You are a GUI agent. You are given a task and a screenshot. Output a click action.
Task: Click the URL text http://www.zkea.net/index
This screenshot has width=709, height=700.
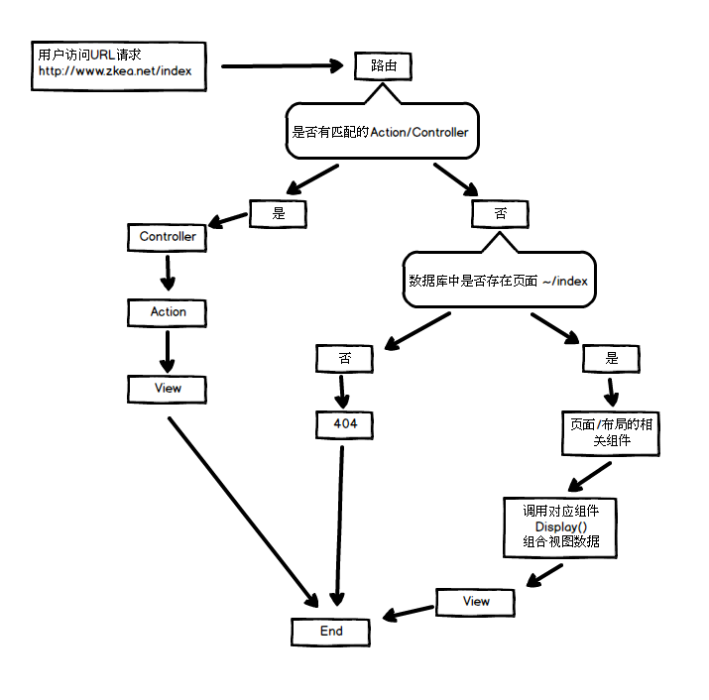[115, 71]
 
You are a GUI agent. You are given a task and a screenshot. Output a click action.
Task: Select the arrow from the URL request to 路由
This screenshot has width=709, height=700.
[281, 66]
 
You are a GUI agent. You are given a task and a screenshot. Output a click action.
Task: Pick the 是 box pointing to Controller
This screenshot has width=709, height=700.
[278, 212]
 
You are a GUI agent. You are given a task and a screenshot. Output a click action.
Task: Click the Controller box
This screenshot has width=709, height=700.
[168, 237]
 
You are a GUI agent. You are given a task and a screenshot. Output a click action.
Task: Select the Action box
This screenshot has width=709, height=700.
[168, 312]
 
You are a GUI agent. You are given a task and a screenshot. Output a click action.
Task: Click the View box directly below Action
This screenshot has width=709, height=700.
[168, 389]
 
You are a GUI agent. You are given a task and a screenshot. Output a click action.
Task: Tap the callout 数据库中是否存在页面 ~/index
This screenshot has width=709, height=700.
[499, 282]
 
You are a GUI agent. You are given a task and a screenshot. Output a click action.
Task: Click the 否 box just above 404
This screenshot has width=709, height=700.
[344, 358]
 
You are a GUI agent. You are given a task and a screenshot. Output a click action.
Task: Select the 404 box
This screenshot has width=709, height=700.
[344, 424]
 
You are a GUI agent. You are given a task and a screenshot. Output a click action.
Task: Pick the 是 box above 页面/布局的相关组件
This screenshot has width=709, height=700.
[611, 358]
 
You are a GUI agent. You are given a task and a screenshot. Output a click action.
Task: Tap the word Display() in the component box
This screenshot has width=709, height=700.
[560, 526]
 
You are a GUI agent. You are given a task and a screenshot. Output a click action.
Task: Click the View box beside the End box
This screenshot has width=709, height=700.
[476, 602]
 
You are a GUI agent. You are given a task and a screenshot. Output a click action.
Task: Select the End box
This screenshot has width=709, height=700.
[331, 632]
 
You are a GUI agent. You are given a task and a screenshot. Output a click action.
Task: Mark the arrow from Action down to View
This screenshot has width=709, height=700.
[168, 350]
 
